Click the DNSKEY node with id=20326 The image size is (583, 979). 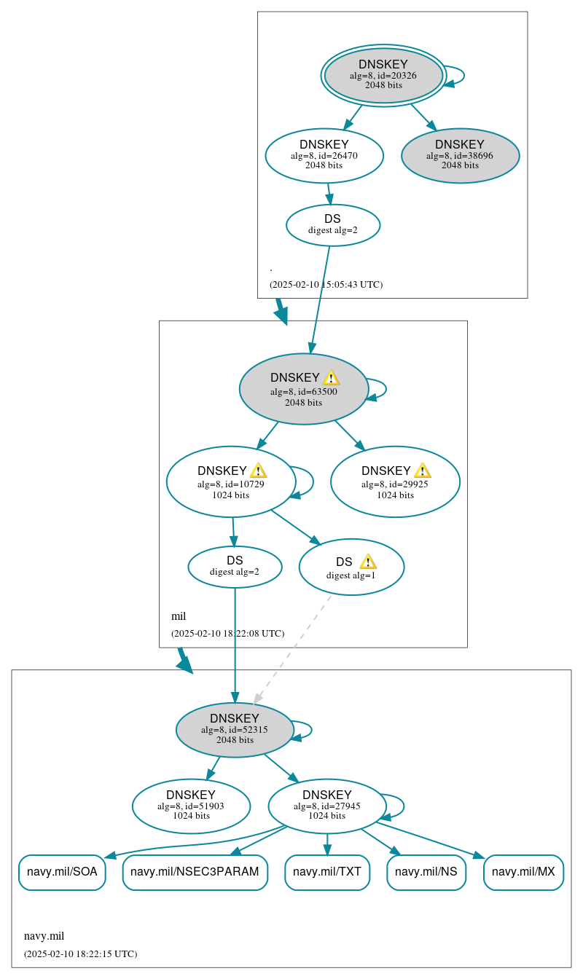pyautogui.click(x=383, y=75)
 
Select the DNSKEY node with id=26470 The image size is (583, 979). pyautogui.click(x=324, y=155)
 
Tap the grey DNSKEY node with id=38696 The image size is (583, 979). pyautogui.click(x=460, y=155)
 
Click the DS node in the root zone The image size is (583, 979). pyautogui.click(x=333, y=225)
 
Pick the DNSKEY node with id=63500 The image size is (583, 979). pyautogui.click(x=303, y=389)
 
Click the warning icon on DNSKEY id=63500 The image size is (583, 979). pyautogui.click(x=331, y=377)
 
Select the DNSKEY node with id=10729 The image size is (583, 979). pyautogui.click(x=230, y=481)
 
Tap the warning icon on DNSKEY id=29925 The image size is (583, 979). pyautogui.click(x=422, y=471)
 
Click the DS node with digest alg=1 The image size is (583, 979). pyautogui.click(x=351, y=567)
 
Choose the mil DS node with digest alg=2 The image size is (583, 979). pyautogui.click(x=235, y=567)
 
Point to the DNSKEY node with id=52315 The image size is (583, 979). pyautogui.click(x=235, y=730)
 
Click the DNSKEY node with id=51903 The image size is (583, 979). pyautogui.click(x=191, y=806)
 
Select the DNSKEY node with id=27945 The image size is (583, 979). pyautogui.click(x=326, y=806)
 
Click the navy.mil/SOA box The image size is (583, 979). pyautogui.click(x=62, y=872)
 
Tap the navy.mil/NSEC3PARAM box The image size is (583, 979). pyautogui.click(x=195, y=872)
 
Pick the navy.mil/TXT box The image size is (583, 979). pyautogui.click(x=327, y=872)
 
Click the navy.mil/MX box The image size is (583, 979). pyautogui.click(x=523, y=872)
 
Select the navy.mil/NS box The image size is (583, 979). pyautogui.click(x=426, y=872)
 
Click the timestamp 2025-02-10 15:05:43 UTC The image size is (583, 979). pyautogui.click(x=326, y=285)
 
